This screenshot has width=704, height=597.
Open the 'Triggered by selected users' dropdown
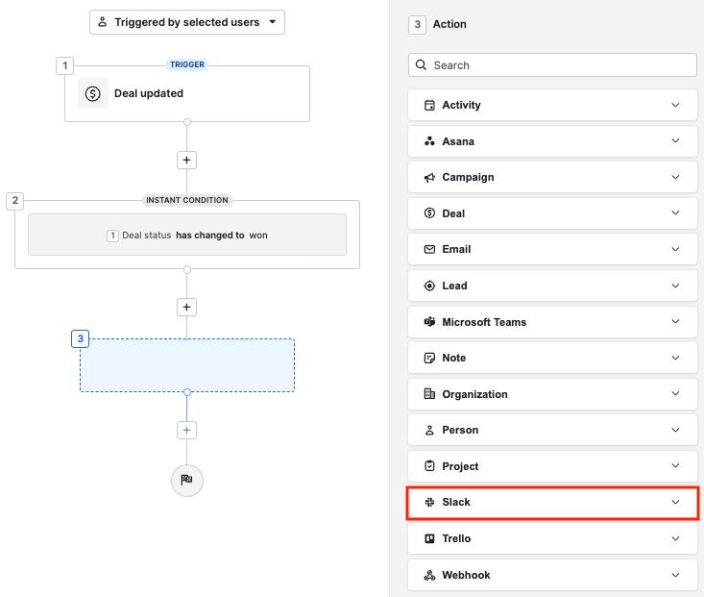(187, 22)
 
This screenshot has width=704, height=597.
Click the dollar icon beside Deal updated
(93, 93)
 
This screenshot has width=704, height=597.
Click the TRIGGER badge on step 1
(187, 65)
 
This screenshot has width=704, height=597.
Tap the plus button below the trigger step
(187, 161)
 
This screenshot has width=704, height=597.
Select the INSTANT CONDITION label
(187, 200)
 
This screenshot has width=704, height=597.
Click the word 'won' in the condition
(258, 235)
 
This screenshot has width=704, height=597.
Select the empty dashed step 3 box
(187, 365)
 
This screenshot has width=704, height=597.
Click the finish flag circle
(187, 479)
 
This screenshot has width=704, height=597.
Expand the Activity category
(552, 105)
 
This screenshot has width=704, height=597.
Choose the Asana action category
(552, 141)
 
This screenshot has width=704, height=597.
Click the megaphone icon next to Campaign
(429, 178)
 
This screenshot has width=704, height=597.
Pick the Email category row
(552, 250)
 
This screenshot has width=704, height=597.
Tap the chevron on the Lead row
(675, 286)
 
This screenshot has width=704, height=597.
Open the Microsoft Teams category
(552, 322)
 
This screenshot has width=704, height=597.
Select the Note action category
(552, 358)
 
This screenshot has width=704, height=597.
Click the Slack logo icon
(429, 503)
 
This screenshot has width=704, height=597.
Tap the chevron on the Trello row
(675, 538)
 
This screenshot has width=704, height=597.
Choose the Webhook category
(552, 575)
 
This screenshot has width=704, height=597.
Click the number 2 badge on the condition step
(15, 201)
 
